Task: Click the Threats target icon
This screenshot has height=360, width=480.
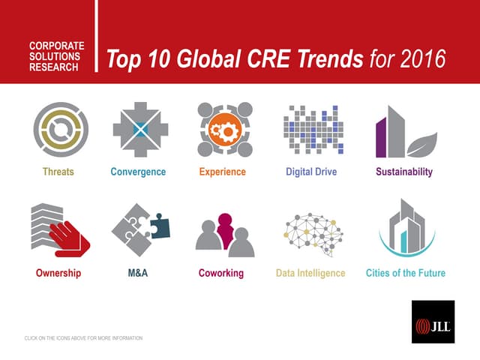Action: coord(60,130)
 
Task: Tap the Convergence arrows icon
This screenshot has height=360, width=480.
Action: coord(138,130)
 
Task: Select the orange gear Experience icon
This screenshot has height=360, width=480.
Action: coord(223,130)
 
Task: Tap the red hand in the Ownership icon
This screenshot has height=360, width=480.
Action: coord(69,238)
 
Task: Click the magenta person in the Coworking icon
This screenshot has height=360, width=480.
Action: coord(224,226)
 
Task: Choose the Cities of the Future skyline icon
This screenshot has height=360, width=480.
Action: coord(406,229)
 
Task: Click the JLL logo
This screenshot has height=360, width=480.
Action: coord(433,322)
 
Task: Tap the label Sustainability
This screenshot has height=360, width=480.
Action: coord(403,172)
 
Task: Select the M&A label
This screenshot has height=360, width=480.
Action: coord(138,273)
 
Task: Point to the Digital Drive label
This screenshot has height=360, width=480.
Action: coord(311,172)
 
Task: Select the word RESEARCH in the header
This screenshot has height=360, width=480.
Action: coord(54,67)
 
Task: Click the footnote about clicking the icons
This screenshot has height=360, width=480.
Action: coord(83,338)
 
